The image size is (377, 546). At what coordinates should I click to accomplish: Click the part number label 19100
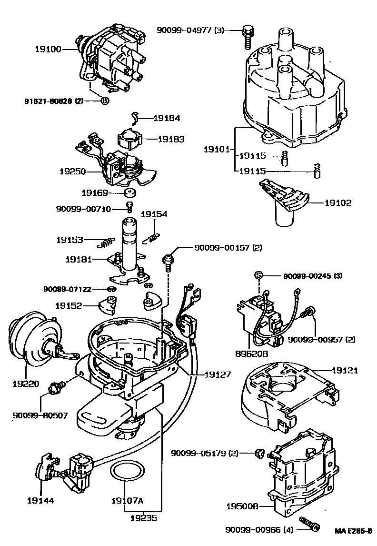pyautogui.click(x=48, y=49)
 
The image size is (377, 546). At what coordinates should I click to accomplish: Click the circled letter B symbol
pyautogui.click(x=104, y=101)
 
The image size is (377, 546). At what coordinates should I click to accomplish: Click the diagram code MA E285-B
pyautogui.click(x=353, y=530)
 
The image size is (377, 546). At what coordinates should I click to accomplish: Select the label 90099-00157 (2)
pyautogui.click(x=228, y=248)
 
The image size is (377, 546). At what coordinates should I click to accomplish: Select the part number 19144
pyautogui.click(x=40, y=501)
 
